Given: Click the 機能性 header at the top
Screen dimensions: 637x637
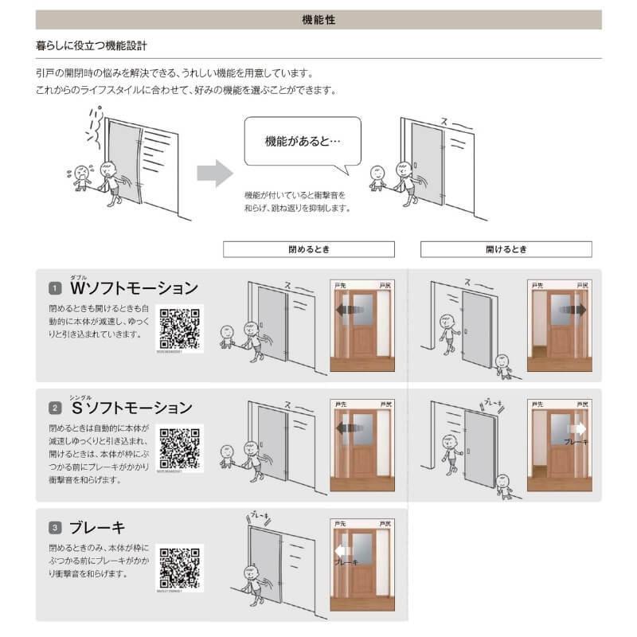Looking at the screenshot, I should click(318, 20).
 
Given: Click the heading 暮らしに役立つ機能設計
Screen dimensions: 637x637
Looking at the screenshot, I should click(92, 47).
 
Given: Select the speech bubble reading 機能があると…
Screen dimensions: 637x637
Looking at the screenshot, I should click(302, 143).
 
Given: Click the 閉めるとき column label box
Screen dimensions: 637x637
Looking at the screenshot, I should click(307, 249).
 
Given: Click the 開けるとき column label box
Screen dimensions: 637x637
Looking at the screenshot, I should click(506, 249).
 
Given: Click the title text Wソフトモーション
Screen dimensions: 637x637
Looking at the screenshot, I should click(134, 287).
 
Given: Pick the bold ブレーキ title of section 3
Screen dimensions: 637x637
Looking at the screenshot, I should click(98, 527).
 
